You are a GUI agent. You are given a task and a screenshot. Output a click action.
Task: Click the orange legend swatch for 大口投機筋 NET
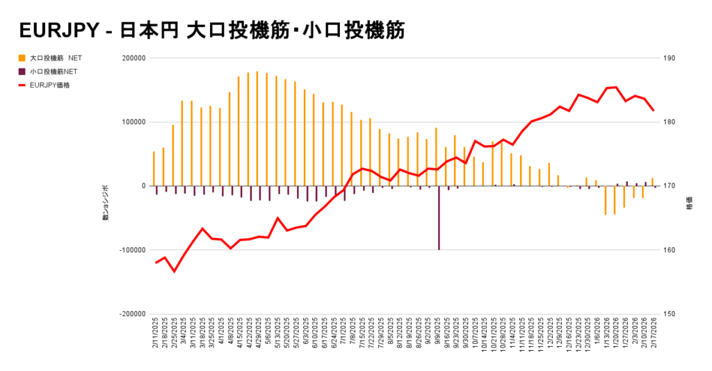(23, 58)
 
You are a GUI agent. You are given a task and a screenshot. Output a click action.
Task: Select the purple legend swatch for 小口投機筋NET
(23, 72)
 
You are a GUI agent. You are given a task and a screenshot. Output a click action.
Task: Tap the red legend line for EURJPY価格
(23, 85)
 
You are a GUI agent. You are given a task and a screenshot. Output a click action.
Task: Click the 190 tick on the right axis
(672, 58)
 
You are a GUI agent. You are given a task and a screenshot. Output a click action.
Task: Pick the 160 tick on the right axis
(672, 250)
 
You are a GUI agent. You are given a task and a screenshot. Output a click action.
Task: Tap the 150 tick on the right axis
(672, 314)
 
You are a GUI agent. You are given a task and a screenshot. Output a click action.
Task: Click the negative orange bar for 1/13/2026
(605, 200)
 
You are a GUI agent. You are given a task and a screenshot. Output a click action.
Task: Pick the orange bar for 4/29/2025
(257, 129)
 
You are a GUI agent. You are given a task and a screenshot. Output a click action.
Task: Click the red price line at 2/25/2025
(174, 271)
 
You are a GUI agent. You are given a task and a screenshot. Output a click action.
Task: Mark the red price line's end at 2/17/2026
(653, 110)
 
